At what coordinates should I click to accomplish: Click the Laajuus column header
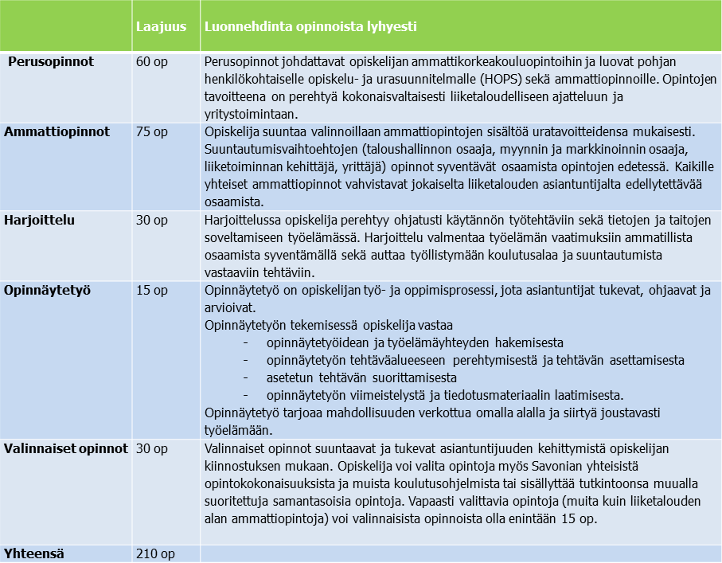pos(161,26)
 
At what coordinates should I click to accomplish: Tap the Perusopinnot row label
pos(51,61)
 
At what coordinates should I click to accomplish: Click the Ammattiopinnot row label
pos(57,131)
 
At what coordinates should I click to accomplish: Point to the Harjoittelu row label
pos(39,220)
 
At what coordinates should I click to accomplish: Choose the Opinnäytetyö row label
pos(47,290)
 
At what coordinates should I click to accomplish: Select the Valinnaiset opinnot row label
pos(66,448)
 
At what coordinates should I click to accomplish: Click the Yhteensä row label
pos(34,553)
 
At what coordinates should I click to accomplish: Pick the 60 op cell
pos(151,61)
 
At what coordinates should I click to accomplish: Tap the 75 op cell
pos(151,131)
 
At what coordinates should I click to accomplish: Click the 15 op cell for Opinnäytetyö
pos(151,290)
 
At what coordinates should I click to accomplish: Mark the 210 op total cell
pos(154,553)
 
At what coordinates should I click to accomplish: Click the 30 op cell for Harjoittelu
pos(151,220)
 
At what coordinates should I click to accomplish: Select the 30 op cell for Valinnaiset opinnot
pos(151,448)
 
